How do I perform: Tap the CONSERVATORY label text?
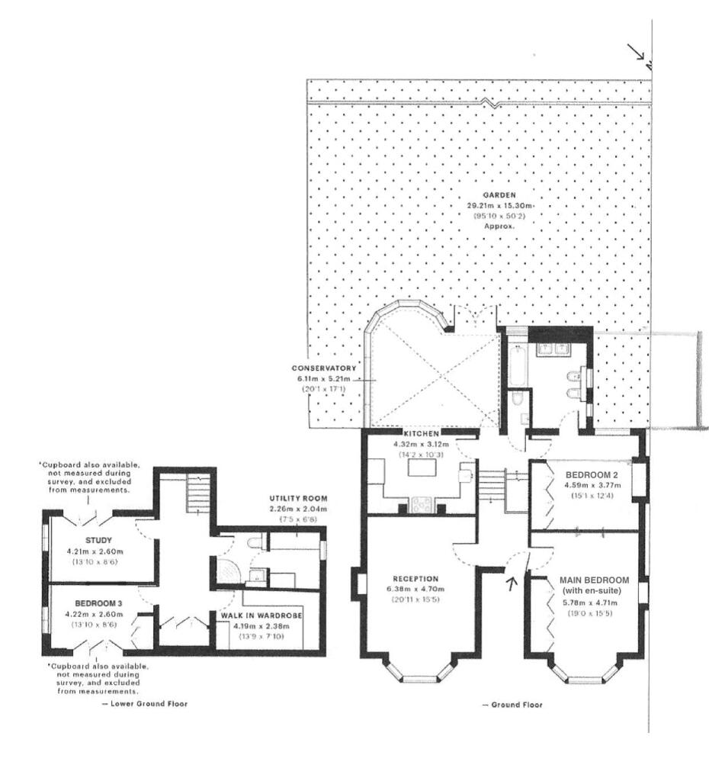(324, 368)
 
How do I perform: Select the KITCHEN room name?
(422, 434)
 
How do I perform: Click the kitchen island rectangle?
(422, 468)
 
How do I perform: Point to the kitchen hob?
(422, 505)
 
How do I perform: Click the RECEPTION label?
(415, 579)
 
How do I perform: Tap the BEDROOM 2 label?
(592, 474)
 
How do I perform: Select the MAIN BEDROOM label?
(594, 580)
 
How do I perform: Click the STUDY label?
(98, 540)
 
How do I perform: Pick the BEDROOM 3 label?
(98, 603)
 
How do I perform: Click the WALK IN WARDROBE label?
(261, 615)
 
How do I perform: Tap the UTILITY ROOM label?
(298, 498)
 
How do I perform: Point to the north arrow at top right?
(635, 51)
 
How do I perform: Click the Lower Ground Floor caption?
(144, 704)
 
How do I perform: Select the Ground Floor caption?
(512, 705)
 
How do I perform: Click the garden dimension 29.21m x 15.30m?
(500, 206)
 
